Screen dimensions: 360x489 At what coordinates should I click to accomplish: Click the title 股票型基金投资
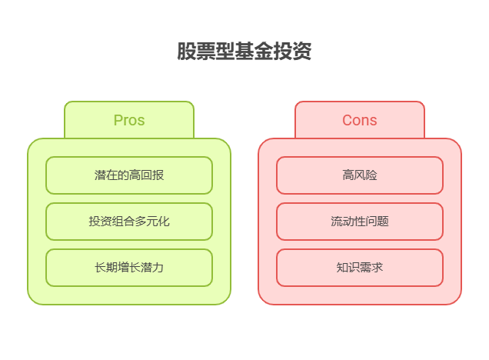(x=244, y=52)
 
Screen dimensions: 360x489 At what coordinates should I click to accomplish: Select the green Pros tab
(x=129, y=120)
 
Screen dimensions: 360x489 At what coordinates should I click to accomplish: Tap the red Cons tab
(x=360, y=120)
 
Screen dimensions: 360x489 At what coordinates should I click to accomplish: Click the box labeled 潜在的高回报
(x=129, y=175)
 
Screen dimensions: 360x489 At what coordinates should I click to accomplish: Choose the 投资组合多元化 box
(x=129, y=222)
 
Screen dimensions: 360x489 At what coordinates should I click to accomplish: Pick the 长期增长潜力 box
(x=129, y=268)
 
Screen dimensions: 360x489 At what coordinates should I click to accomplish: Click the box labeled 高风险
(x=360, y=175)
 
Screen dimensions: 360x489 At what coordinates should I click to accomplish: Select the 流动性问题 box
(x=360, y=222)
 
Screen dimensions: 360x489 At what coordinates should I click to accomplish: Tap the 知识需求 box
(x=360, y=268)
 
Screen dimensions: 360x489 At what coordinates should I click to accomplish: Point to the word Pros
(x=129, y=120)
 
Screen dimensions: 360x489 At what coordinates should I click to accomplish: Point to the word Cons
(x=360, y=120)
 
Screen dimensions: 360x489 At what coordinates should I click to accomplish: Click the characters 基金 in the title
(x=244, y=52)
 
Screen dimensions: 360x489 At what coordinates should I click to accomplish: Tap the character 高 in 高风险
(x=348, y=175)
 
